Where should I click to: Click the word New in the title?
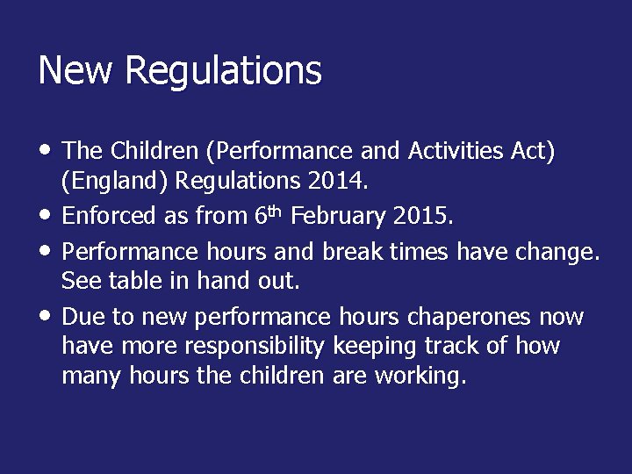pyautogui.click(x=73, y=71)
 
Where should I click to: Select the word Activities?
pyautogui.click(x=457, y=152)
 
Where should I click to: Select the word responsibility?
pyautogui.click(x=251, y=347)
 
